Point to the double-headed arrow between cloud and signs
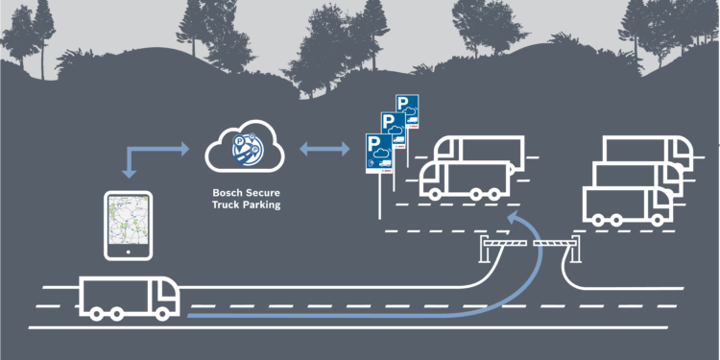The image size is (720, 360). click(324, 150)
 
